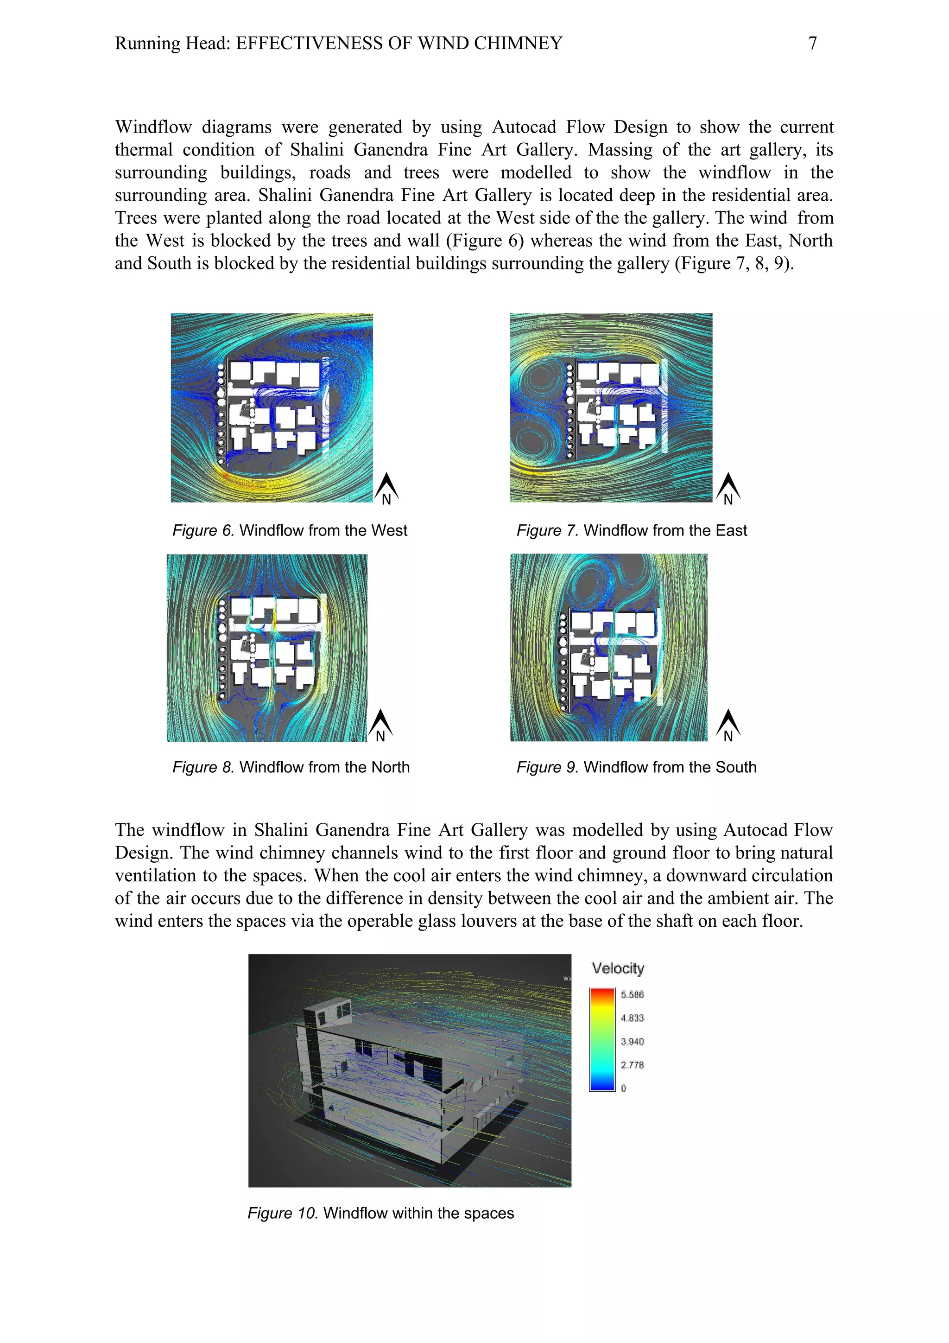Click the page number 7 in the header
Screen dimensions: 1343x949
pyautogui.click(x=812, y=43)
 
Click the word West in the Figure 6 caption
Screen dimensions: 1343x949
pyautogui.click(x=389, y=530)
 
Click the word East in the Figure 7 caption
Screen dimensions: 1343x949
pyautogui.click(x=731, y=530)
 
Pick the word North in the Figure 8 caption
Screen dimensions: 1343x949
pyautogui.click(x=388, y=767)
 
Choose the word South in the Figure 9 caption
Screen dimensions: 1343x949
pyautogui.click(x=735, y=767)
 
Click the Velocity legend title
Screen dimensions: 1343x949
pyautogui.click(x=618, y=968)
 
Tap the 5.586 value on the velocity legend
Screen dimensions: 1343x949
pyautogui.click(x=632, y=994)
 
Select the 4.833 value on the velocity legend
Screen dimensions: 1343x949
pyautogui.click(x=632, y=1018)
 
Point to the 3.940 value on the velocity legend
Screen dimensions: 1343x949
pyautogui.click(x=632, y=1041)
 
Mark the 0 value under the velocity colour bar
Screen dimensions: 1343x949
pyautogui.click(x=623, y=1088)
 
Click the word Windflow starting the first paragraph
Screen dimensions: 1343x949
pyautogui.click(x=153, y=127)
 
